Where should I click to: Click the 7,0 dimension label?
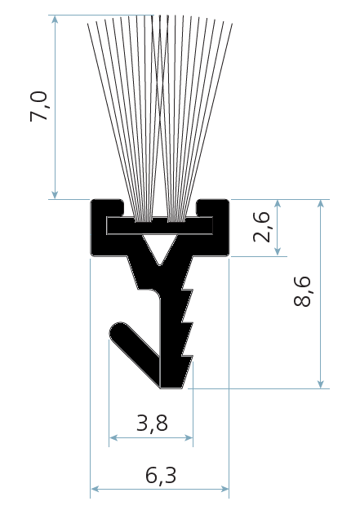pos(39,106)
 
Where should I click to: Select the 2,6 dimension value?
pos(262,227)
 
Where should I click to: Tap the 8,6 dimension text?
pos(302,291)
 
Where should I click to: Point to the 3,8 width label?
pos(152,423)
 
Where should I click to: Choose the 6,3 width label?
pos(161,475)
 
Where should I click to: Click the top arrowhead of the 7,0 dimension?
pos(55,20)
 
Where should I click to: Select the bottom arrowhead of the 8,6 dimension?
pos(320,384)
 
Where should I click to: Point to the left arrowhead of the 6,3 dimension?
pos(95,489)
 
